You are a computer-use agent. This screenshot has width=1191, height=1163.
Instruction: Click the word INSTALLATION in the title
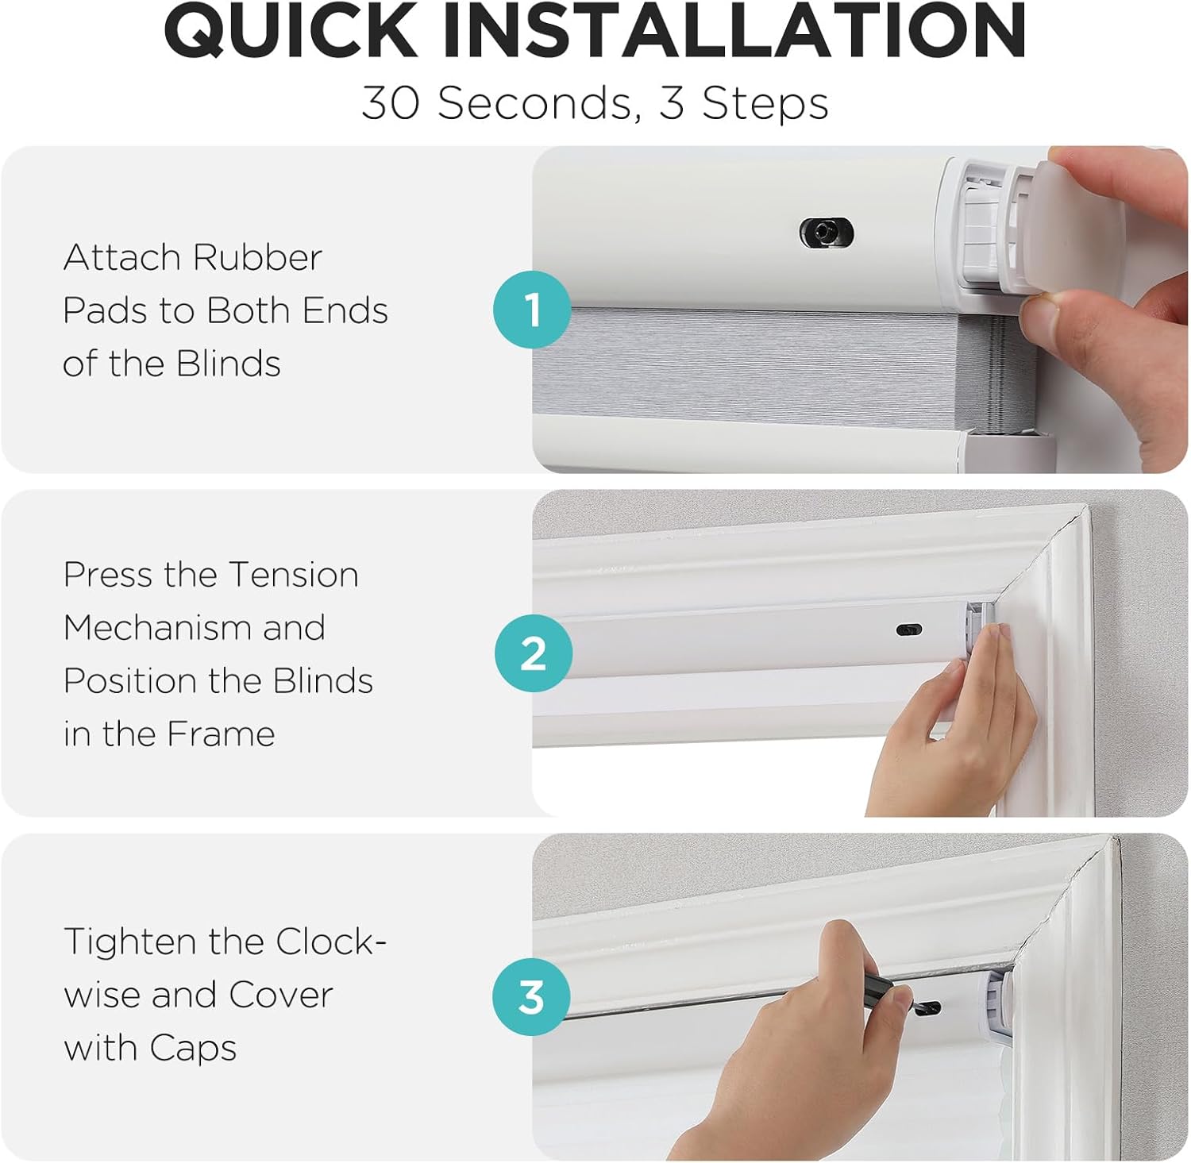click(734, 31)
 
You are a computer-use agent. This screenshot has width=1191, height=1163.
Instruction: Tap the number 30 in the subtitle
click(390, 103)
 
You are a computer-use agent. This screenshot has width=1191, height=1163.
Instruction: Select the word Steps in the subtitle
click(765, 103)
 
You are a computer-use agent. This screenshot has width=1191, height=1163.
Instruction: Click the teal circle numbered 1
click(532, 309)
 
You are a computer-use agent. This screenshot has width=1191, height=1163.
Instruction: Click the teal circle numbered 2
click(533, 653)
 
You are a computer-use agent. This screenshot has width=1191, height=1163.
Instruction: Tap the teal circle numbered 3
click(531, 997)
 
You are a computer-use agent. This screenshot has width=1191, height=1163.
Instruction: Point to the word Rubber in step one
click(257, 257)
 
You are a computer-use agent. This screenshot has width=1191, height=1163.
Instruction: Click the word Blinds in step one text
click(228, 364)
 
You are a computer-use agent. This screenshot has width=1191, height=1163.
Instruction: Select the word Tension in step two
click(293, 575)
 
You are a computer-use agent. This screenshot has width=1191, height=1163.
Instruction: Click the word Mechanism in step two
click(159, 628)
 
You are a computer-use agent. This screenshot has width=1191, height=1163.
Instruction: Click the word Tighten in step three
click(130, 942)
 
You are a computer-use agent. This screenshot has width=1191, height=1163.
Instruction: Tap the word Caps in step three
click(193, 1048)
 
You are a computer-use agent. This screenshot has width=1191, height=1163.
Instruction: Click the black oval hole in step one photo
click(826, 233)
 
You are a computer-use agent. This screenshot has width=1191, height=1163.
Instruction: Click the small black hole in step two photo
click(909, 630)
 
